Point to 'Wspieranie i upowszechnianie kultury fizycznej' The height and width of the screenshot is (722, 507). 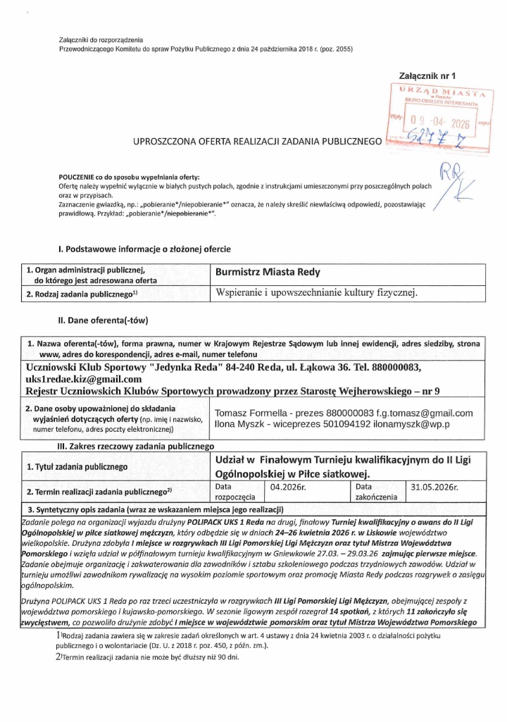pos(317,292)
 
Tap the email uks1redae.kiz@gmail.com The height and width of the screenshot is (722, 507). pos(83,379)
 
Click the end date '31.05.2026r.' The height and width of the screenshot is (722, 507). pos(435,487)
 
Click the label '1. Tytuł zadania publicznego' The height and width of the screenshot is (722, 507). pos(77,466)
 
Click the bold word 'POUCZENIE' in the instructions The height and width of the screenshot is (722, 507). pos(79,176)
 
